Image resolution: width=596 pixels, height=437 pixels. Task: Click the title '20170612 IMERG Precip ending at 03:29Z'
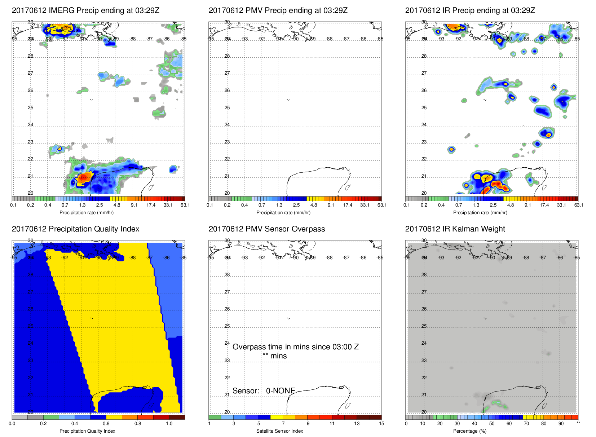tap(85, 10)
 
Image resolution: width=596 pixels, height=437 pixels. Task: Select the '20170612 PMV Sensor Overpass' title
tap(266, 229)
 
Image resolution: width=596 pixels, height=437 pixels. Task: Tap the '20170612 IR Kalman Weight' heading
tap(455, 229)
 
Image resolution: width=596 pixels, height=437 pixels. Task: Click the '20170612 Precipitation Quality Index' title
tap(75, 229)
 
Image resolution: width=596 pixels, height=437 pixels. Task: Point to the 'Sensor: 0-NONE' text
tap(264, 391)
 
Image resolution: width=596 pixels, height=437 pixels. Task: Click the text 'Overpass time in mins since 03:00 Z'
tap(295, 347)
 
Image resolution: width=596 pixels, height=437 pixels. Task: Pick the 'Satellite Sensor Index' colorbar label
tap(279, 431)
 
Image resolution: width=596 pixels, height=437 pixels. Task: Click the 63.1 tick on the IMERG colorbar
tap(185, 205)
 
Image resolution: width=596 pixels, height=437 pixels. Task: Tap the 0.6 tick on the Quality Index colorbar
tap(106, 424)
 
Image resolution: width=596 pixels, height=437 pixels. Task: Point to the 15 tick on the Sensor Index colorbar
tap(381, 424)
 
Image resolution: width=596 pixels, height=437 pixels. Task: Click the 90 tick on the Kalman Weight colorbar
tap(561, 424)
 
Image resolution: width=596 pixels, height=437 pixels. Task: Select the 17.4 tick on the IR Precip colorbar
tap(544, 205)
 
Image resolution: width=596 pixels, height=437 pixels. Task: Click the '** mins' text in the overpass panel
tap(274, 356)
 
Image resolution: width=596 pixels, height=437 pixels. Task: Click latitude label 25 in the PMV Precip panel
tap(227, 108)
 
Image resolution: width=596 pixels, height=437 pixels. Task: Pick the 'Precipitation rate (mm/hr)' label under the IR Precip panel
tap(480, 213)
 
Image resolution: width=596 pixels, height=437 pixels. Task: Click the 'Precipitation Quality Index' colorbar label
tap(87, 431)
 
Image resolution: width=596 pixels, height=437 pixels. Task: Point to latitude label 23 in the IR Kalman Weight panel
tap(424, 361)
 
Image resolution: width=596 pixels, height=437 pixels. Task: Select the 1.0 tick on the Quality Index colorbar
tap(169, 424)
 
